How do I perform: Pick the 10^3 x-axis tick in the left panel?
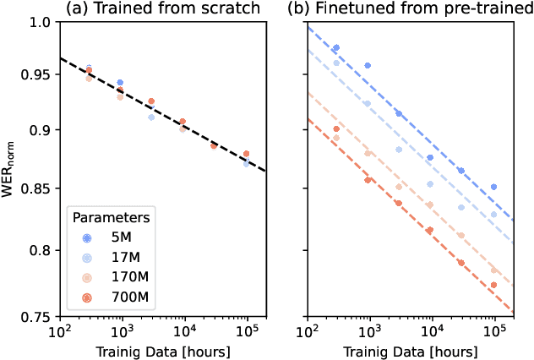point(122,330)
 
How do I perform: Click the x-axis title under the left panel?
point(162,350)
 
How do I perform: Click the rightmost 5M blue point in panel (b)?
point(494,187)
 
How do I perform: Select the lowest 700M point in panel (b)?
point(493,286)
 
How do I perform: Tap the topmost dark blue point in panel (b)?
point(336,48)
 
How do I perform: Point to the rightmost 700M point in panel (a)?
point(247,154)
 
